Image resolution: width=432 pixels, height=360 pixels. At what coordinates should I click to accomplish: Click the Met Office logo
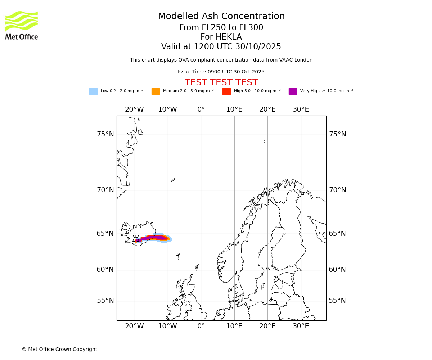click(22, 25)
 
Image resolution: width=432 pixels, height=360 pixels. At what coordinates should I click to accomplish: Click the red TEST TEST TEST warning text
click(221, 82)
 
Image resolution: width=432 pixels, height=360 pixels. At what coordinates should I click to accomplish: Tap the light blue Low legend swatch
click(93, 91)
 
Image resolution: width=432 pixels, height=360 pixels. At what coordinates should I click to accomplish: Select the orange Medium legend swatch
click(156, 91)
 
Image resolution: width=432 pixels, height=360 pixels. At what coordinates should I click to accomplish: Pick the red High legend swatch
click(226, 91)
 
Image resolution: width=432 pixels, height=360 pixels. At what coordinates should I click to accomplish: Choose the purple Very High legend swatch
click(293, 91)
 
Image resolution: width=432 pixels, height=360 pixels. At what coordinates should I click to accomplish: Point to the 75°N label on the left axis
click(105, 134)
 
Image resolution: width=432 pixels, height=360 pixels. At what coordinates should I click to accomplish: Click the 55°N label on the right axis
click(337, 301)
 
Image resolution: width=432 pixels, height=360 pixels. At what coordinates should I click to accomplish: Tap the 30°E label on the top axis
click(301, 109)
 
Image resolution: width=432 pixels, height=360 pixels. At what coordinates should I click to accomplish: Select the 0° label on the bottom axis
click(201, 326)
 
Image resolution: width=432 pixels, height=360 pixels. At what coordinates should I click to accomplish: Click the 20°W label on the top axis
click(134, 109)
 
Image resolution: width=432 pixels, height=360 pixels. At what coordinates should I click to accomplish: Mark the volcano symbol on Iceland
click(136, 239)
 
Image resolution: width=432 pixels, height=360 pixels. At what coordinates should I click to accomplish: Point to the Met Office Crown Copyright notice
click(59, 349)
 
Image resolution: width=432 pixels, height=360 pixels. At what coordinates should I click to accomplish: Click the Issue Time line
click(221, 72)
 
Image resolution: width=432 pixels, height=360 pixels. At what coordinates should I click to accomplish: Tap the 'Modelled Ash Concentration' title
click(221, 17)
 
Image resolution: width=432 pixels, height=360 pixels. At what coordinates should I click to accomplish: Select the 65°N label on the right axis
click(337, 234)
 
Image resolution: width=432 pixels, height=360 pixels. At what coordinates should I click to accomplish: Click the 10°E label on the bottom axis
click(234, 326)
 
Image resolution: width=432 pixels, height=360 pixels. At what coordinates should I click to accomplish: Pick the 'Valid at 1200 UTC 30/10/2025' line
click(221, 47)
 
